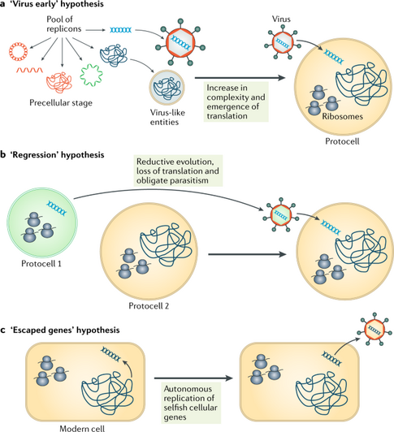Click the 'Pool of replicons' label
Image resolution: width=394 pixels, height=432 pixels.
(x=64, y=24)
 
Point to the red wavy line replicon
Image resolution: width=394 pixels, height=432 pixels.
(x=29, y=70)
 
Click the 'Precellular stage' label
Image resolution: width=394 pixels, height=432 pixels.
(x=61, y=103)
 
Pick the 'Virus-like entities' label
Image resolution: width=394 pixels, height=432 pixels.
(x=167, y=117)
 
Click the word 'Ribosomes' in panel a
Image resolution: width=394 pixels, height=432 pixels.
(x=343, y=116)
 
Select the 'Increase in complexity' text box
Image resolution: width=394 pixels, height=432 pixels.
(x=236, y=102)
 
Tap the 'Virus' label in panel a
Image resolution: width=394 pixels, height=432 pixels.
(x=281, y=19)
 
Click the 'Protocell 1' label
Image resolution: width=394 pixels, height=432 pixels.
(x=41, y=264)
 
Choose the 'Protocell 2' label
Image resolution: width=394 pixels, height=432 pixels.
(x=149, y=305)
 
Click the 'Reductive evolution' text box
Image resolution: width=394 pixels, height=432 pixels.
(x=178, y=171)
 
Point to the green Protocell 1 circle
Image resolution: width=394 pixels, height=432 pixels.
(x=9, y=222)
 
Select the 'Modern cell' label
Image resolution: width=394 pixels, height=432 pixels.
(x=82, y=428)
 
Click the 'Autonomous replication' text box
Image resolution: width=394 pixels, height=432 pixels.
(x=191, y=403)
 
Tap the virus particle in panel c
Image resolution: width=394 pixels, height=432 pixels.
(x=374, y=329)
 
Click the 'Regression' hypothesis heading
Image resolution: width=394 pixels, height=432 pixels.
(x=52, y=155)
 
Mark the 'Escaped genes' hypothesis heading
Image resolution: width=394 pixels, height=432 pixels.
(x=60, y=330)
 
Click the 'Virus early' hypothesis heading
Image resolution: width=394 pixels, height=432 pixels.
(x=52, y=5)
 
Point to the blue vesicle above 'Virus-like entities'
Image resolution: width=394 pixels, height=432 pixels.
(x=167, y=87)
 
